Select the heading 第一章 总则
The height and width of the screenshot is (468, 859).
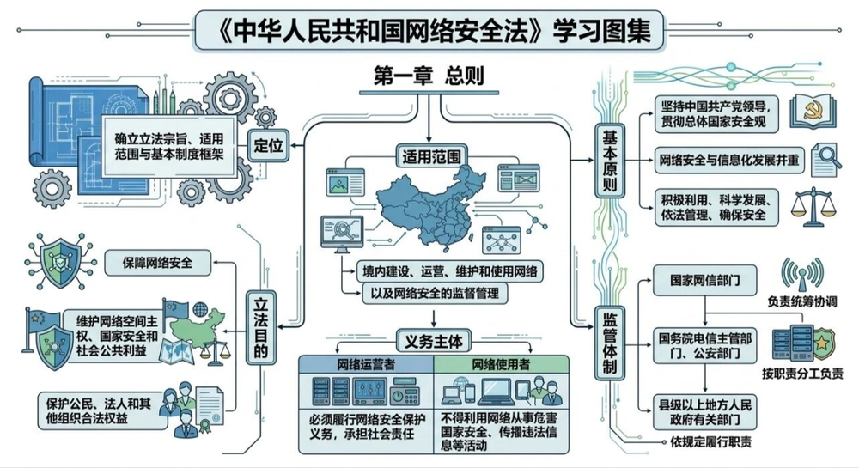pyautogui.click(x=429, y=76)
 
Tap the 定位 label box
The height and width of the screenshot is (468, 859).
pyautogui.click(x=266, y=144)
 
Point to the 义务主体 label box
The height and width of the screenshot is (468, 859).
pyautogui.click(x=429, y=341)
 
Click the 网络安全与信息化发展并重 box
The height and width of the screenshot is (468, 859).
pyautogui.click(x=728, y=160)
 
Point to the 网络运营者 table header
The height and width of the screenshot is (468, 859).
pyautogui.click(x=365, y=364)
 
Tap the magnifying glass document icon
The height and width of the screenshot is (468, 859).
pyautogui.click(x=825, y=160)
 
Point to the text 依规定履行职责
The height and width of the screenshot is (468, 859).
pyautogui.click(x=710, y=441)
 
